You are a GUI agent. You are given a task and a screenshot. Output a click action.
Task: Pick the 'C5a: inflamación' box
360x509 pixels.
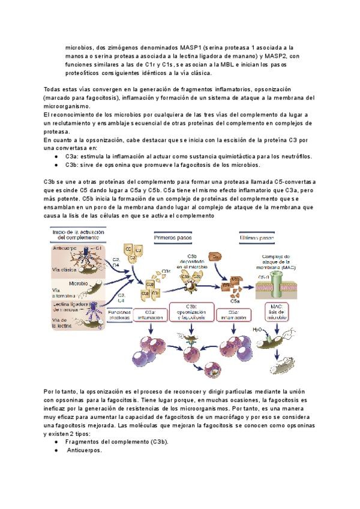[x=236, y=315]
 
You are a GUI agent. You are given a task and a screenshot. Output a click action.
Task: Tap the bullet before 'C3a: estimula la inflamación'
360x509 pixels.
[x=56, y=155]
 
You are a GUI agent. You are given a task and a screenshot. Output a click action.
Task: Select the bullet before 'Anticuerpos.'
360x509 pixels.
[x=56, y=450]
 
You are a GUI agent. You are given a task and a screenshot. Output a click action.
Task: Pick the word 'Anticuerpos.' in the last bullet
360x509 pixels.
[x=85, y=450]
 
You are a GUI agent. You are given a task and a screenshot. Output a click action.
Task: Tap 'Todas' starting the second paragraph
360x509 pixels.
[x=53, y=88]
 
